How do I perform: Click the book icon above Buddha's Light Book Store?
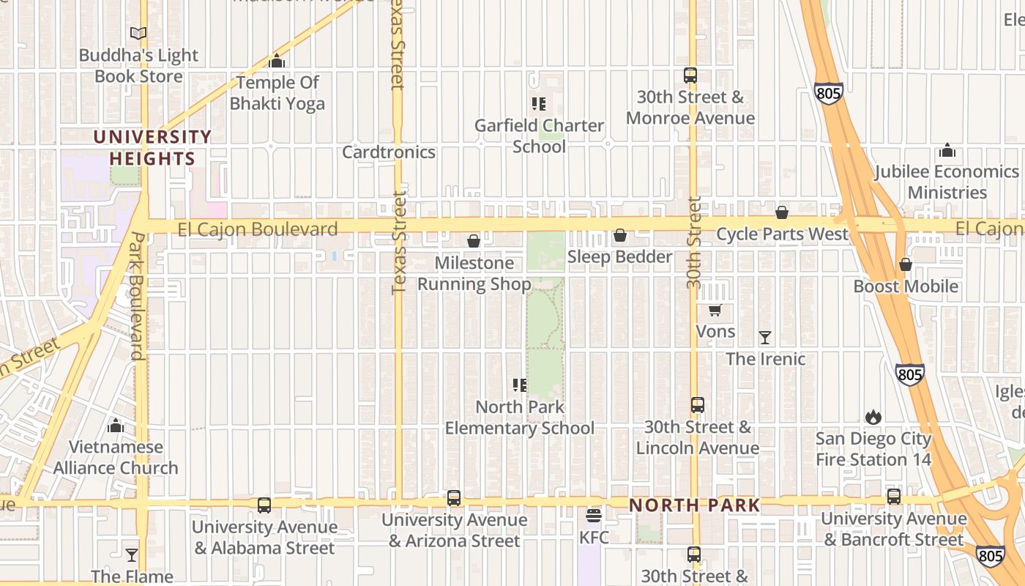click(x=138, y=33)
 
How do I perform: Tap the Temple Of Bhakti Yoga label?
click(x=277, y=93)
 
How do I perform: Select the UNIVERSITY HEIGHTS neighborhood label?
click(x=152, y=147)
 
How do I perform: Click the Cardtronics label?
click(x=389, y=152)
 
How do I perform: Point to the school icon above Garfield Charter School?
click(x=539, y=104)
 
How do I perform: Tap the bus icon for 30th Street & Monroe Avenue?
click(x=690, y=75)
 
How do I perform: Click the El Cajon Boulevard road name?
click(x=258, y=229)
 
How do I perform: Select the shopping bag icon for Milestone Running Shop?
click(x=474, y=241)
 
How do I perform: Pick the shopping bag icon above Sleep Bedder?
click(x=620, y=235)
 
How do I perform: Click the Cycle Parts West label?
click(x=782, y=234)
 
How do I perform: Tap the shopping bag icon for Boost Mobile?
click(x=906, y=264)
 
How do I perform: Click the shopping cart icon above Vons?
click(x=715, y=311)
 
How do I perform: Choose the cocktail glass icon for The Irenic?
click(x=765, y=338)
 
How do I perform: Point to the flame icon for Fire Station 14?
click(x=873, y=418)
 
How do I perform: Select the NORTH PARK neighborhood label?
click(x=694, y=505)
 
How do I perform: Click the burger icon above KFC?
click(x=594, y=516)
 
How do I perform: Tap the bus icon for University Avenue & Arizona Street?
click(x=454, y=498)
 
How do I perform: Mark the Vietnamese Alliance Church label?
click(x=116, y=457)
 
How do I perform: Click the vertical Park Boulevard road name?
click(x=136, y=296)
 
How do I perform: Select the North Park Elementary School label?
click(x=520, y=418)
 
